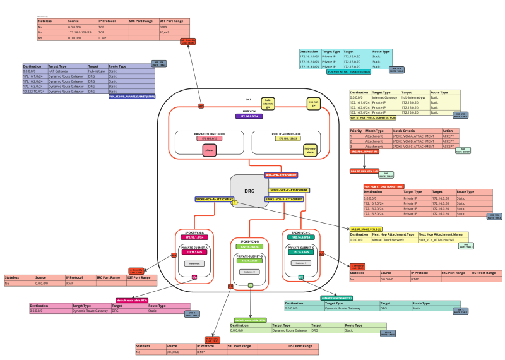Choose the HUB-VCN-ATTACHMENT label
(281, 175)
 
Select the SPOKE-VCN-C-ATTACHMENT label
(288, 189)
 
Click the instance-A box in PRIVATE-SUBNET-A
(194, 263)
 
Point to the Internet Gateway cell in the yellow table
(386, 97)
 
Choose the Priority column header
(357, 131)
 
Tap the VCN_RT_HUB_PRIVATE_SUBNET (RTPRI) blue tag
(132, 96)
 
